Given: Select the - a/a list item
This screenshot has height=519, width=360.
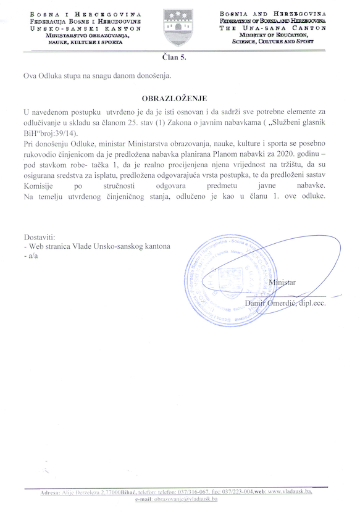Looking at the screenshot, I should [29, 255].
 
